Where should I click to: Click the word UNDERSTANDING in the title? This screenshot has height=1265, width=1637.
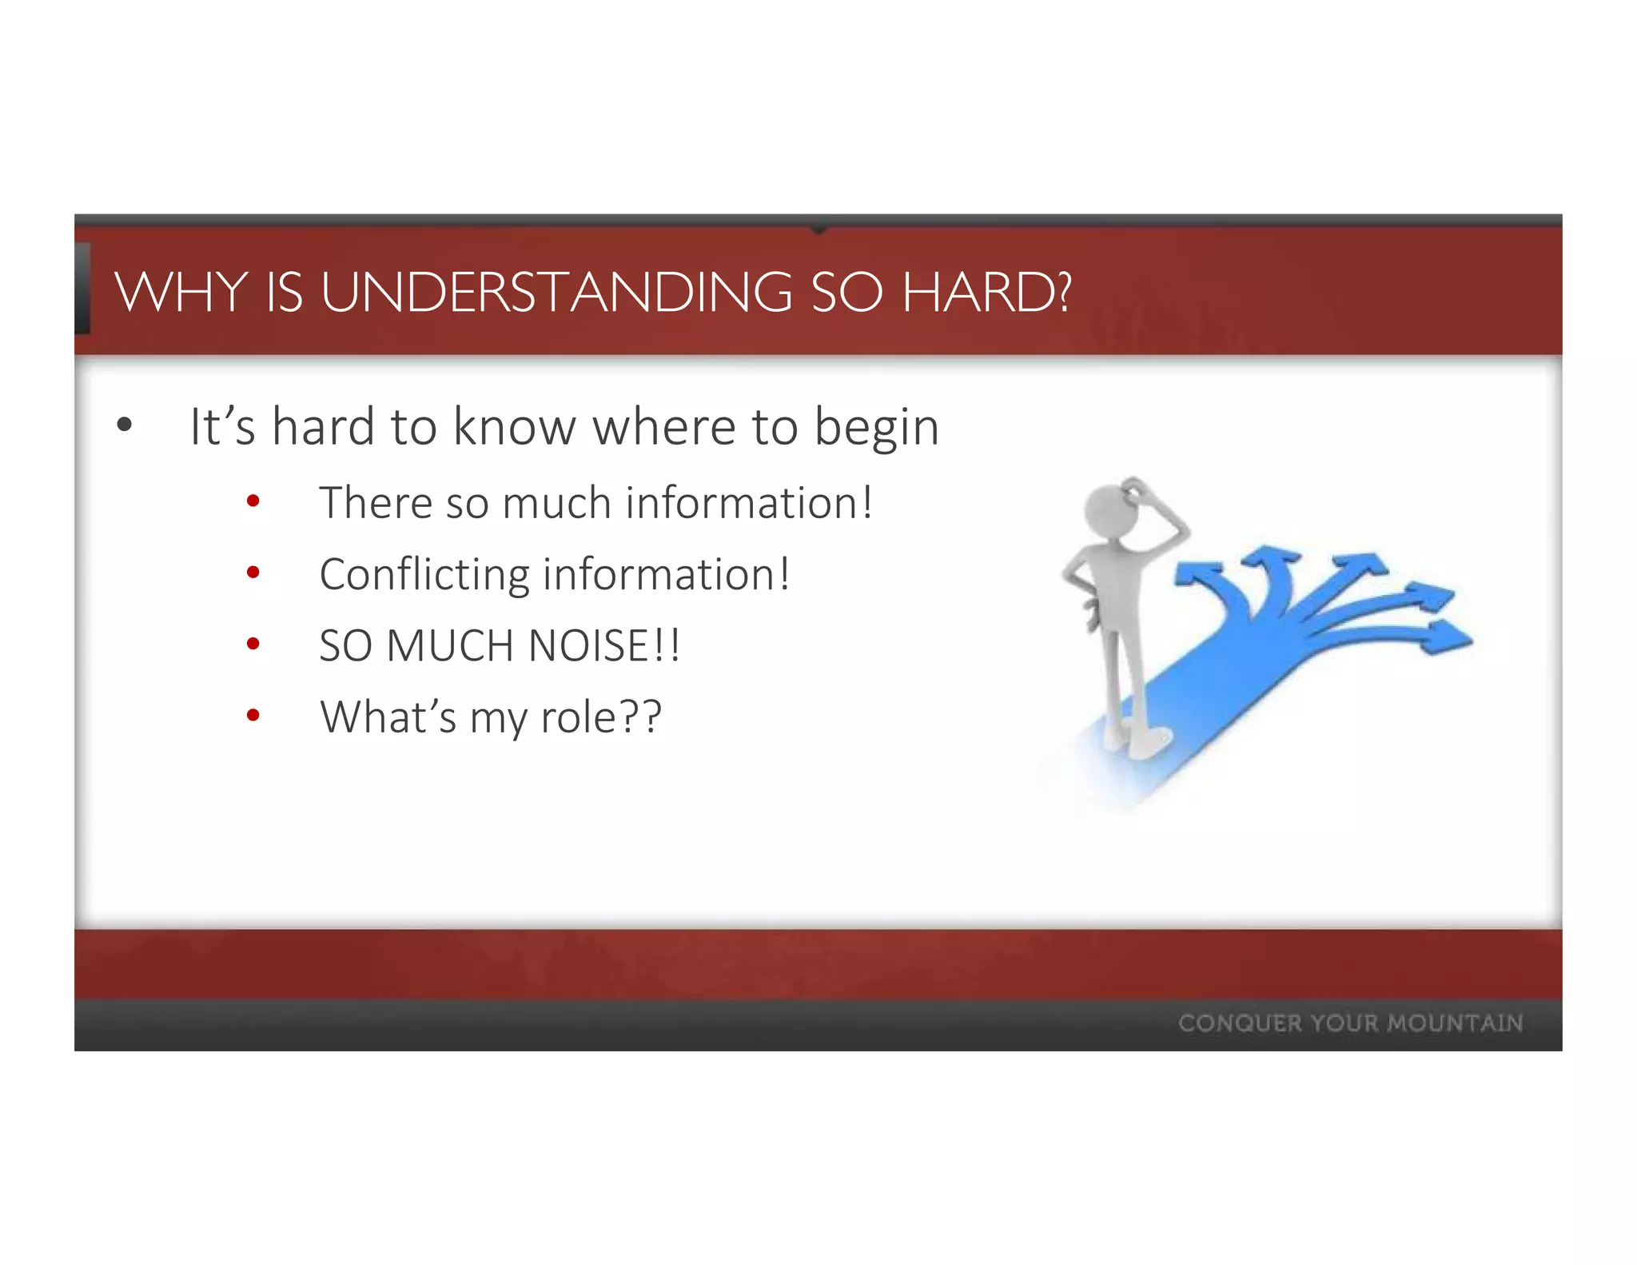[x=557, y=293]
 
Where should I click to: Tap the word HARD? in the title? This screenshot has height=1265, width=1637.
[x=986, y=293]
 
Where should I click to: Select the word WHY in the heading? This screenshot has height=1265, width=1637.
[x=181, y=293]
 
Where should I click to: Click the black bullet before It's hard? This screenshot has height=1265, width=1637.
[x=124, y=425]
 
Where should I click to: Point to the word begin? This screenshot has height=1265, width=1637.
[x=876, y=429]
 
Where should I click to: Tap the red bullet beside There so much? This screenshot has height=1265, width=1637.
[x=253, y=502]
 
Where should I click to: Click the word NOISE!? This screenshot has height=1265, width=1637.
[x=604, y=645]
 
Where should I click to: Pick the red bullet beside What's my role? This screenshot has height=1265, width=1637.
[x=253, y=716]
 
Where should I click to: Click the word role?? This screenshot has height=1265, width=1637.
[x=601, y=717]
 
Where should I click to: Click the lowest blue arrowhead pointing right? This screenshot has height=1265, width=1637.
[x=1448, y=639]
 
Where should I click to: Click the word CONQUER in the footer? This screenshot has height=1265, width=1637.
[x=1240, y=1024]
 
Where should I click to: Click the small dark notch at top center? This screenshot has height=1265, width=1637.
[x=818, y=229]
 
